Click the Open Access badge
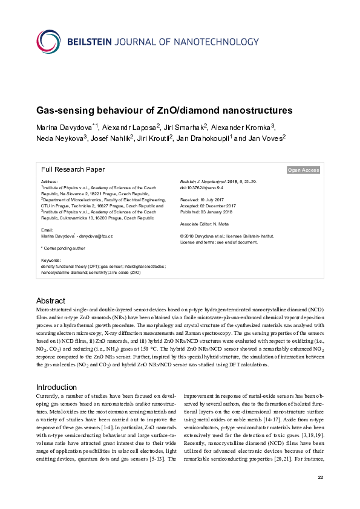pyautogui.click(x=303, y=170)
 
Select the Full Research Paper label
pyautogui.click(x=73, y=170)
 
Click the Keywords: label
pyautogui.click(x=51, y=261)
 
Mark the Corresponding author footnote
pyautogui.click(x=63, y=248)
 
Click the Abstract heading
pyautogui.click(x=51, y=300)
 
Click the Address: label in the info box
pyautogui.click(x=49, y=181)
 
